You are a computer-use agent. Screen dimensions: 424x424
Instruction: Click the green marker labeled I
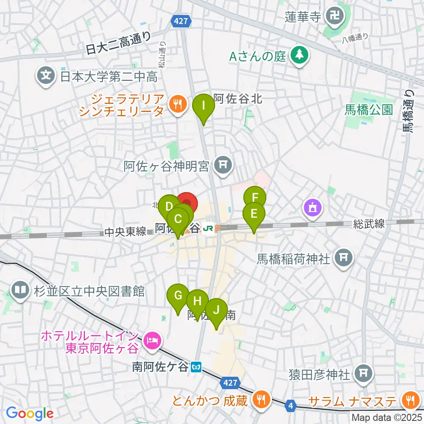click(203, 106)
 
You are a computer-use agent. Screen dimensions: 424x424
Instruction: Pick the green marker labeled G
click(178, 295)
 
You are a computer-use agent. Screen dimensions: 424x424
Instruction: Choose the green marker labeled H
click(197, 302)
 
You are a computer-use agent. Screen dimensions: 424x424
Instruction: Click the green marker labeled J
click(216, 310)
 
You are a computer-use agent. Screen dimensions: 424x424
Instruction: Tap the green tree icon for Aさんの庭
click(300, 56)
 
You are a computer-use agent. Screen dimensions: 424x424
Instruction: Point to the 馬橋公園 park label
click(369, 110)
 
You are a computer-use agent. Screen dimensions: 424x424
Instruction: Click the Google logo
click(30, 413)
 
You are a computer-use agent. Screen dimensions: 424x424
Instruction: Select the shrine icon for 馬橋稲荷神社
click(344, 257)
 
